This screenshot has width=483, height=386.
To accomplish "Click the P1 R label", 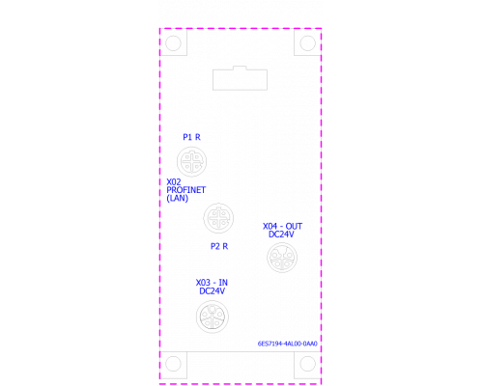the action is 191,137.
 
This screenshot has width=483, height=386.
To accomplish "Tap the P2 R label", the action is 219,246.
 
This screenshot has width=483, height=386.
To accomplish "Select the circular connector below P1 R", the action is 191,161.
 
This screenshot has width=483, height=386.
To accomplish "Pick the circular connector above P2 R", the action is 218,218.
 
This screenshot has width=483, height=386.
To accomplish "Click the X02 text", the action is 174,182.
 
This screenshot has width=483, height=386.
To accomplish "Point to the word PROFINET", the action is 186,190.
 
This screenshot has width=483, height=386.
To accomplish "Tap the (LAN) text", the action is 178,198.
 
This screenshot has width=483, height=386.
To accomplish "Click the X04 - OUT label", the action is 282,227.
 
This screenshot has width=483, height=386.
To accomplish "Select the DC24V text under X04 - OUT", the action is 281,234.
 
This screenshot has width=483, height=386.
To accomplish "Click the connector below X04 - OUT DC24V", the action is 282,258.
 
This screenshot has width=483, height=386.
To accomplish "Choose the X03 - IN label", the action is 212,283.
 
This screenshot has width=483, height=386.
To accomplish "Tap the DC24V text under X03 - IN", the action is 212,291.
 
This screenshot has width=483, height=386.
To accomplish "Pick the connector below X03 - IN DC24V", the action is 213,317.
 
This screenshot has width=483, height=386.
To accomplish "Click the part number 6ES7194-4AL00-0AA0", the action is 288,344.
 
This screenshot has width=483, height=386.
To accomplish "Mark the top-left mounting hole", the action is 173,43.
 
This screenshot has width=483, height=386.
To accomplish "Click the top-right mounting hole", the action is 307,43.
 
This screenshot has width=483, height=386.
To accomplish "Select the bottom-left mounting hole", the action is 173,364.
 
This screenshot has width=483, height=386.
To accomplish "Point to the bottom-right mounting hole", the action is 307,364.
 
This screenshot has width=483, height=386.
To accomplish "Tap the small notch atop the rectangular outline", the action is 240,67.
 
